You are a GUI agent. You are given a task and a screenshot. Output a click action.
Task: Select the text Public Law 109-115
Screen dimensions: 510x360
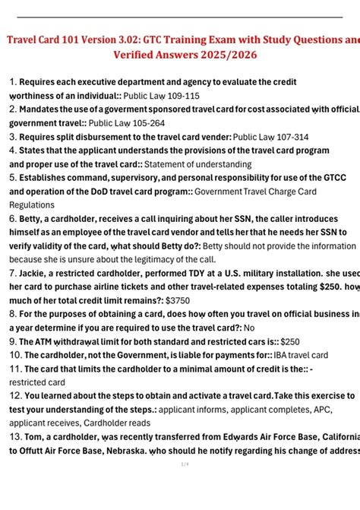pyautogui.click(x=162, y=96)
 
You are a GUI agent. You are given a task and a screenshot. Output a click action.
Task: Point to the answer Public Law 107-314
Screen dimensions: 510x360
pyautogui.click(x=270, y=137)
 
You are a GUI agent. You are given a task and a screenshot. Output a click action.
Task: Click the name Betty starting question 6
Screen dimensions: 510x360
pyautogui.click(x=33, y=218)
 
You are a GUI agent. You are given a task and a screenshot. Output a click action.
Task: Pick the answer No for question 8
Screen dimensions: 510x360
pyautogui.click(x=249, y=328)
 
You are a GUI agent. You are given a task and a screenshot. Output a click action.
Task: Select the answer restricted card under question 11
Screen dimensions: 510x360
pyautogui.click(x=37, y=382)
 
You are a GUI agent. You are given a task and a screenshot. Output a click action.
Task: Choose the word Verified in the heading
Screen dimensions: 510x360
pyautogui.click(x=138, y=55)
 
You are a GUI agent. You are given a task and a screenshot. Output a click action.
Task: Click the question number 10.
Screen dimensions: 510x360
pyautogui.click(x=15, y=355)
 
